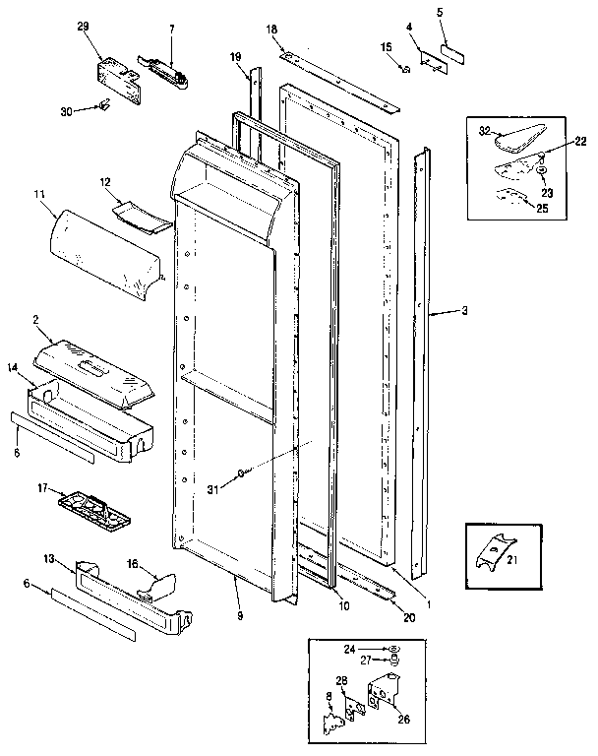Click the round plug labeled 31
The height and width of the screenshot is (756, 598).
pyautogui.click(x=240, y=474)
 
